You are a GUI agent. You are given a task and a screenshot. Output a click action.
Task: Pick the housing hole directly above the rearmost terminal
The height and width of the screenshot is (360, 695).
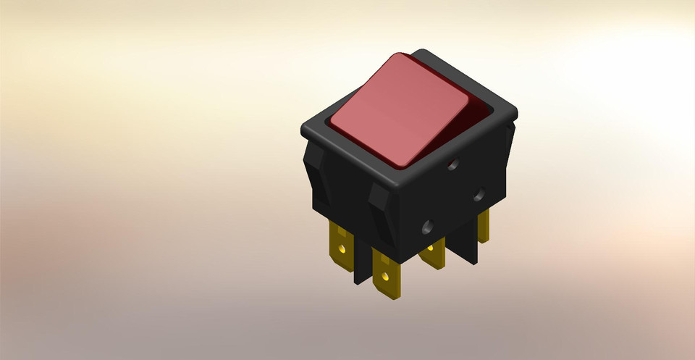pos(479,194)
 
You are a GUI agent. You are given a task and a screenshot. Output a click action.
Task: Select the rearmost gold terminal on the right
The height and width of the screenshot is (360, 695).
pos(483,225)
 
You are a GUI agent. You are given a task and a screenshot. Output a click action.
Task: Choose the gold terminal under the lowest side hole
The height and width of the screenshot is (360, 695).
pos(433,255)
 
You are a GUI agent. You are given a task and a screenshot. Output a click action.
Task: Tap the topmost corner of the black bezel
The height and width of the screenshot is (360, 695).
pos(424,51)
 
